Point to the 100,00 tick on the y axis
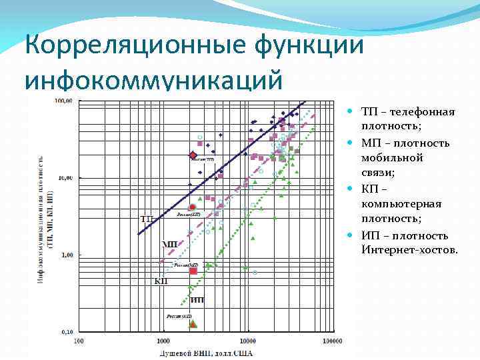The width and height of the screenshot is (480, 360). (x=64, y=101)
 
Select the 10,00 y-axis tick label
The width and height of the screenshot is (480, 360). (x=64, y=178)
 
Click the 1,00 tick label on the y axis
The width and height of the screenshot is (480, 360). (x=65, y=255)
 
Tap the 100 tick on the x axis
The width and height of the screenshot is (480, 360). (x=79, y=341)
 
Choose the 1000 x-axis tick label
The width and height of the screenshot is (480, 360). (x=163, y=341)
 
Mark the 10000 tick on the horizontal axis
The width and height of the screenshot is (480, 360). (x=248, y=341)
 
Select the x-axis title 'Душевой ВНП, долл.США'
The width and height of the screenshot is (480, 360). (x=205, y=353)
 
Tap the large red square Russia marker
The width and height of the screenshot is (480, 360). (x=193, y=271)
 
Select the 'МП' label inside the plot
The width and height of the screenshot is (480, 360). (x=170, y=244)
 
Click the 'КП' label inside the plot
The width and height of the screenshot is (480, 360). (x=161, y=281)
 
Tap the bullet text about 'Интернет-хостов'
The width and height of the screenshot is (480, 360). (x=409, y=243)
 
